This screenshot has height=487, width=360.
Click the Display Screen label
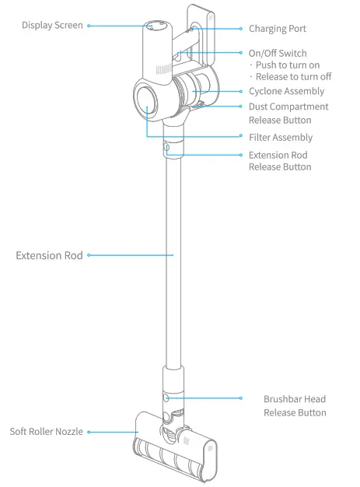pyautogui.click(x=52, y=26)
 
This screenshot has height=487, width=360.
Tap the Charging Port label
pyautogui.click(x=277, y=29)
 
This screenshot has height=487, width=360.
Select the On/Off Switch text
pyautogui.click(x=277, y=53)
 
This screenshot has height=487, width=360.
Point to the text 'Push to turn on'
pyautogui.click(x=288, y=65)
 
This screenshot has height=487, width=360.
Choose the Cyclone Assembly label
pyautogui.click(x=286, y=92)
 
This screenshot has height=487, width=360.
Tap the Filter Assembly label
pyautogui.click(x=280, y=138)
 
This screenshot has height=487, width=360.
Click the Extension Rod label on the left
pyautogui.click(x=49, y=255)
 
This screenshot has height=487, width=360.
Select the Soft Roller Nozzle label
pyautogui.click(x=46, y=432)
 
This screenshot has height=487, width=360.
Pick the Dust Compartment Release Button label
pyautogui.click(x=288, y=114)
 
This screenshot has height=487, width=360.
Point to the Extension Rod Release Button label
pyautogui.click(x=280, y=161)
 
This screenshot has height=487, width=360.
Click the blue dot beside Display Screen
pyautogui.click(x=89, y=26)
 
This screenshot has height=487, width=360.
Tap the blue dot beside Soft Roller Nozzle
pyautogui.click(x=89, y=432)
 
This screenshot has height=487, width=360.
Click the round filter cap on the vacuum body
pyautogui.click(x=147, y=99)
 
